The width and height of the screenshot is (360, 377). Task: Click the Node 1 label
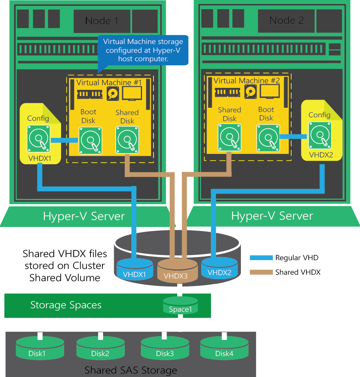coord(102,21)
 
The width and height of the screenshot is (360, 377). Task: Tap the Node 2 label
coord(286,21)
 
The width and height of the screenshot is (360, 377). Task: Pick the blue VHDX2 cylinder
coord(220,268)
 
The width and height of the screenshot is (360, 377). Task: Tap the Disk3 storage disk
coord(165,348)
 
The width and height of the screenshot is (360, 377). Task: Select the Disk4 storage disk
coord(224,348)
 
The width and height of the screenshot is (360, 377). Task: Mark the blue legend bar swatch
coord(261,258)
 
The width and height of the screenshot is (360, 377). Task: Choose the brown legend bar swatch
coord(261,272)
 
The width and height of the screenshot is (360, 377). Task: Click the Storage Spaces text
coord(66,305)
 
